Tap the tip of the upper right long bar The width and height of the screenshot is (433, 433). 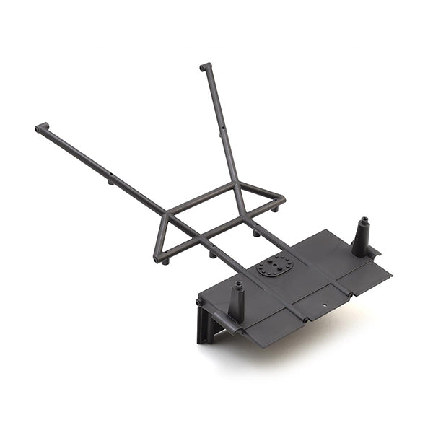point(205,67)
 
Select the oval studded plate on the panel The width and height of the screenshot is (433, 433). point(275,265)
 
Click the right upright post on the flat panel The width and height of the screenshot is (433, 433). point(361,237)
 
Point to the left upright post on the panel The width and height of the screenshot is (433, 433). point(237,300)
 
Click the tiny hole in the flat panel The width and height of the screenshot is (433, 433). point(323,305)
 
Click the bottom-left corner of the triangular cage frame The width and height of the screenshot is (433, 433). point(157,258)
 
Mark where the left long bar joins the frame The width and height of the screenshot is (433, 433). point(165,214)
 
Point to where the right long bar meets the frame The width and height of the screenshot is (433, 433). point(235,184)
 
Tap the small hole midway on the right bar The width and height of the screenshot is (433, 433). point(222,128)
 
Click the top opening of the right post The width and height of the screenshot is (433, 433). point(364,219)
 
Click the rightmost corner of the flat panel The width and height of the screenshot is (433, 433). point(390,274)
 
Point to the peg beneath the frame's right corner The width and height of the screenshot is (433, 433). point(276,210)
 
